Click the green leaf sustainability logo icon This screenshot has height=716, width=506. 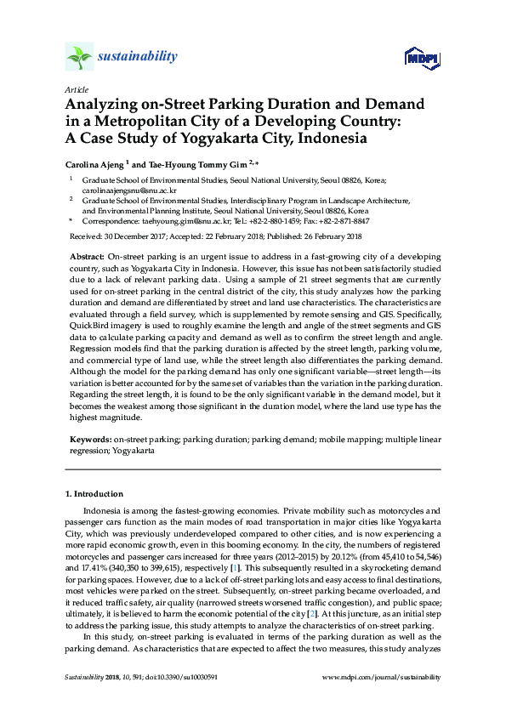[x=78, y=57]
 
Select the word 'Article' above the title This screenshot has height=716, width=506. [x=76, y=89]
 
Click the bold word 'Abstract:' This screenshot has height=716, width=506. [x=87, y=256]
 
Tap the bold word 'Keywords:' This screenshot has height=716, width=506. [x=89, y=440]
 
